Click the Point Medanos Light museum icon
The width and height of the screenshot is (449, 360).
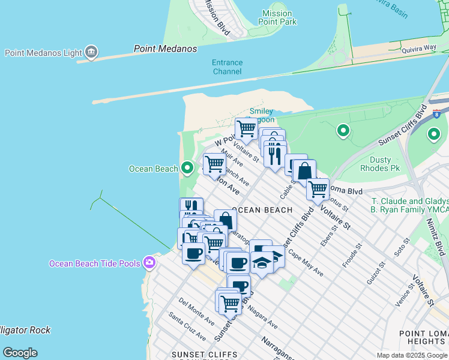point(91,53)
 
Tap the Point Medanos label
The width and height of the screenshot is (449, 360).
point(157,49)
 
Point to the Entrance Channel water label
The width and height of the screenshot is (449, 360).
point(227,67)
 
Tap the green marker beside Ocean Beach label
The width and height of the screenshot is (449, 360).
point(187,168)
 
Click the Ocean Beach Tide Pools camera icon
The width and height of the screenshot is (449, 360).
point(148,263)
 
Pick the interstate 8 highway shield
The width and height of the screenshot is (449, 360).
point(436,113)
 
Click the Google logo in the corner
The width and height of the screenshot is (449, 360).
point(20,352)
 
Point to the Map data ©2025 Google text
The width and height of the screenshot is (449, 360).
point(412,355)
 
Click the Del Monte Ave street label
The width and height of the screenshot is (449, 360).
point(196,311)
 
